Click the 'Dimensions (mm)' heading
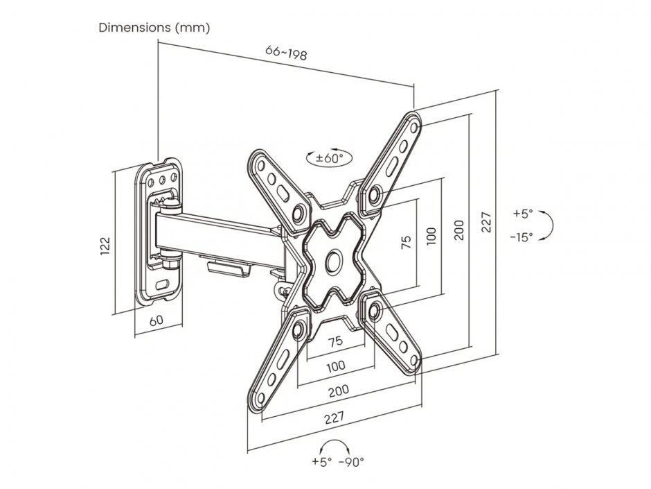pos(154,28)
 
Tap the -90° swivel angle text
pos(352,462)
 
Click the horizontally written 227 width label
pos(334,418)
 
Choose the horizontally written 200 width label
pos(338,391)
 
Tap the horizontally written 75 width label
pos(335,341)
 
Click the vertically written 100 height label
pos(431,236)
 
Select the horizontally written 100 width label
pos(336,366)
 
